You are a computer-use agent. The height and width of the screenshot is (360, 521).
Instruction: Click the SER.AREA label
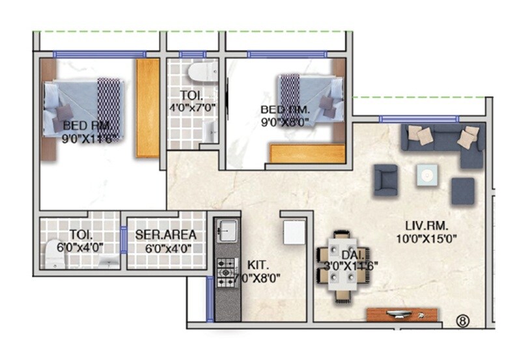pyautogui.click(x=165, y=235)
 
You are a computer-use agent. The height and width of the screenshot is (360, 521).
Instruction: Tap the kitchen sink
pyautogui.click(x=228, y=230)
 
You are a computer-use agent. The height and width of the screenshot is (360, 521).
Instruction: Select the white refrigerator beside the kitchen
pyautogui.click(x=294, y=232)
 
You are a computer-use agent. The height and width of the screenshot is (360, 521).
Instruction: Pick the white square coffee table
pyautogui.click(x=427, y=174)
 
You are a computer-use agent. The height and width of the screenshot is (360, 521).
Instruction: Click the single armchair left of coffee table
pyautogui.click(x=386, y=180)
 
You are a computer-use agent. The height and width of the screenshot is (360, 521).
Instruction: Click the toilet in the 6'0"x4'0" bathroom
pyautogui.click(x=53, y=254)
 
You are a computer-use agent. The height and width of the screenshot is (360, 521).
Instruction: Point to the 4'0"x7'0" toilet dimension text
pyautogui.click(x=193, y=107)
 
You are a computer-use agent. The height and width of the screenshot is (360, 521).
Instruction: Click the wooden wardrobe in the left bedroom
pyautogui.click(x=147, y=108)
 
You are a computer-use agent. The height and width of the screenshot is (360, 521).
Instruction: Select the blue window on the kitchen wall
pyautogui.click(x=210, y=298)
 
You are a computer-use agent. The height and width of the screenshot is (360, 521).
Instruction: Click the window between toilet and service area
pyautogui.click(x=122, y=240)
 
